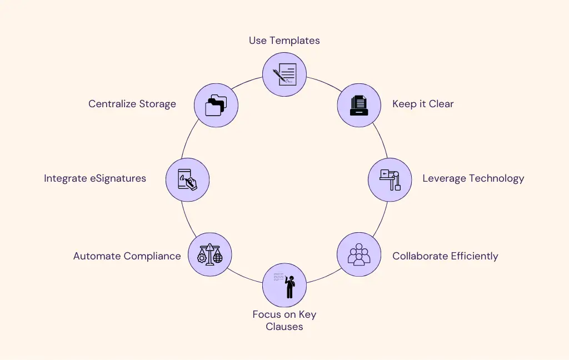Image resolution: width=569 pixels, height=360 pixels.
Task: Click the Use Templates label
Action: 284,41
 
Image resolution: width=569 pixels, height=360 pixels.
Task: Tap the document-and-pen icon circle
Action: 284,74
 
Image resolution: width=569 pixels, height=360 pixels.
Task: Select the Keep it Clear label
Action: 423,104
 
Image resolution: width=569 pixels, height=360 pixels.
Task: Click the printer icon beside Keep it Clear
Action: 359,104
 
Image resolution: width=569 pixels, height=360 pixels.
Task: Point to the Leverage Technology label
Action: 473,178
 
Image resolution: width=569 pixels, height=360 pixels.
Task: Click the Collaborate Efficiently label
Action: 445,256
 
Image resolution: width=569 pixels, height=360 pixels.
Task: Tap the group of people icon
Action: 359,254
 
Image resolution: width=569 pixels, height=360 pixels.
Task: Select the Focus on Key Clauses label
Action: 284,321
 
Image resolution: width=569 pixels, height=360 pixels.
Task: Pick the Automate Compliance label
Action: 127,256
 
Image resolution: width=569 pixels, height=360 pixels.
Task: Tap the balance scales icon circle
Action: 209,254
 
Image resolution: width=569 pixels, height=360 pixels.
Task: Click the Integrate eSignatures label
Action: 95,178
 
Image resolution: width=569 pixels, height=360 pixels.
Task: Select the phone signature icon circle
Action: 187,179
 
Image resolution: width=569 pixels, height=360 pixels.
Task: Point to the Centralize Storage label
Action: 132,104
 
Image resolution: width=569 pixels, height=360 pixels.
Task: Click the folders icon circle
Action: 216,104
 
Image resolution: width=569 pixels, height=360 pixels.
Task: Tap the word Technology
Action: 496,178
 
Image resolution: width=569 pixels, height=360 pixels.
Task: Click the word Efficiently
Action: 473,256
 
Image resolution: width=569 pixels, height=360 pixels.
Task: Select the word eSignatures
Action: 119,178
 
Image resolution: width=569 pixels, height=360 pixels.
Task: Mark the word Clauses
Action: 284,327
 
